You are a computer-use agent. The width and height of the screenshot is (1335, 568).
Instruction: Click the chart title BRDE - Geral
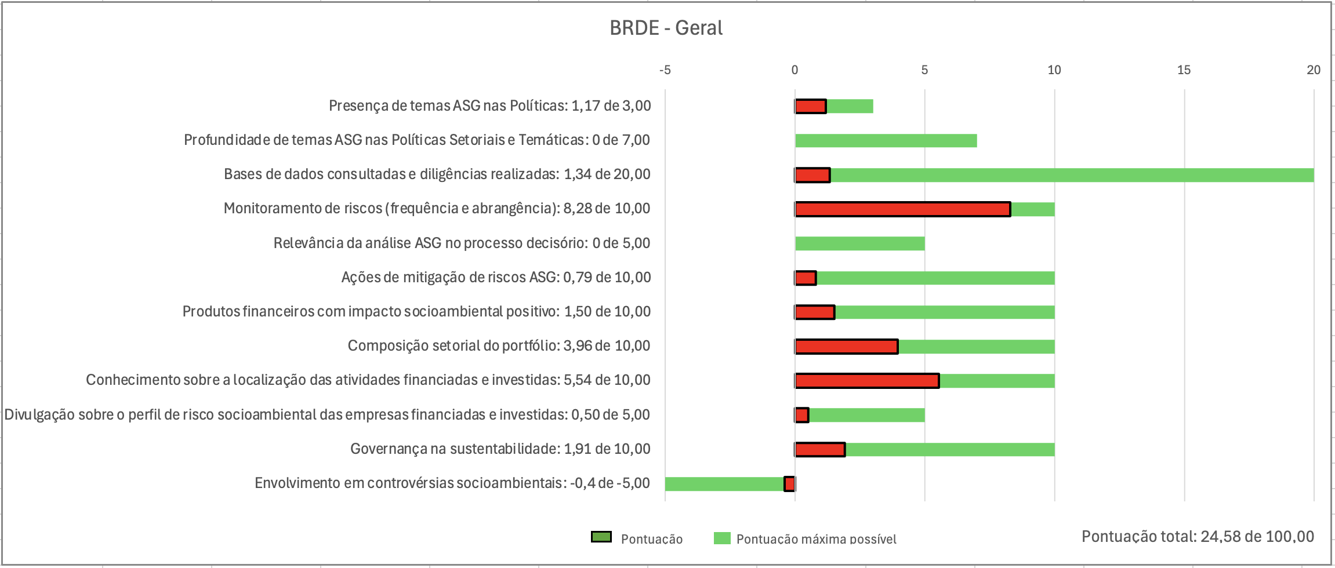click(666, 28)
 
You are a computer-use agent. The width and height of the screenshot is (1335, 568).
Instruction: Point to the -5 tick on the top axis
click(665, 70)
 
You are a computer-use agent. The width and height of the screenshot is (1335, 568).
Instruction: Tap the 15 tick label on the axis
click(1184, 70)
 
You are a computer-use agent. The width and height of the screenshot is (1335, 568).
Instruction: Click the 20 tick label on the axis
click(1313, 70)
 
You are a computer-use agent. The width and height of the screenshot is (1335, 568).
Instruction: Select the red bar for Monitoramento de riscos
click(902, 209)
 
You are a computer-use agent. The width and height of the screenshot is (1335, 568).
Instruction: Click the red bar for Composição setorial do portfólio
click(846, 347)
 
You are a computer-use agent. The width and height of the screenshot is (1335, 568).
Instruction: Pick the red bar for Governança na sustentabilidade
click(820, 449)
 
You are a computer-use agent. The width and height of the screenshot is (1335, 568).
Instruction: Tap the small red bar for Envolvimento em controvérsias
click(789, 484)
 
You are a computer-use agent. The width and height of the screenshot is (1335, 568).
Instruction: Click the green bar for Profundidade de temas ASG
click(886, 141)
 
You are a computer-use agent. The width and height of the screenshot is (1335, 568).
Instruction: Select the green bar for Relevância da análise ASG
click(859, 243)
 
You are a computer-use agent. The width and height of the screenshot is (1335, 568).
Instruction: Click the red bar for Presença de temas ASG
click(810, 107)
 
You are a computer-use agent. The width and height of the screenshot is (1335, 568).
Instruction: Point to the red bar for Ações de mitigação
click(806, 278)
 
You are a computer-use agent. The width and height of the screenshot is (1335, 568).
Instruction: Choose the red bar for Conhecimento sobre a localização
click(867, 381)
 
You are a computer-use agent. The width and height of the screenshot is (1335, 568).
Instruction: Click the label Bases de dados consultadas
click(437, 174)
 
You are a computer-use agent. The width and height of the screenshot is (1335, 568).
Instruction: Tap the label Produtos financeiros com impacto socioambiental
click(416, 312)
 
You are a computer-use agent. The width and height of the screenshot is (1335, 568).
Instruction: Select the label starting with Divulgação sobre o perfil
click(327, 415)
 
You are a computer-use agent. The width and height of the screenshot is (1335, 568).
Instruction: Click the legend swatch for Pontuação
click(601, 537)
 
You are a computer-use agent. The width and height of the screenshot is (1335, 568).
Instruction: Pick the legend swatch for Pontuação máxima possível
click(722, 538)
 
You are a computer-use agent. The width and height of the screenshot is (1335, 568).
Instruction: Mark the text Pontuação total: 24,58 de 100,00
click(1198, 537)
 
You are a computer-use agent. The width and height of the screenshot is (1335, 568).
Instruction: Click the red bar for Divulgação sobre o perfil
click(801, 415)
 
